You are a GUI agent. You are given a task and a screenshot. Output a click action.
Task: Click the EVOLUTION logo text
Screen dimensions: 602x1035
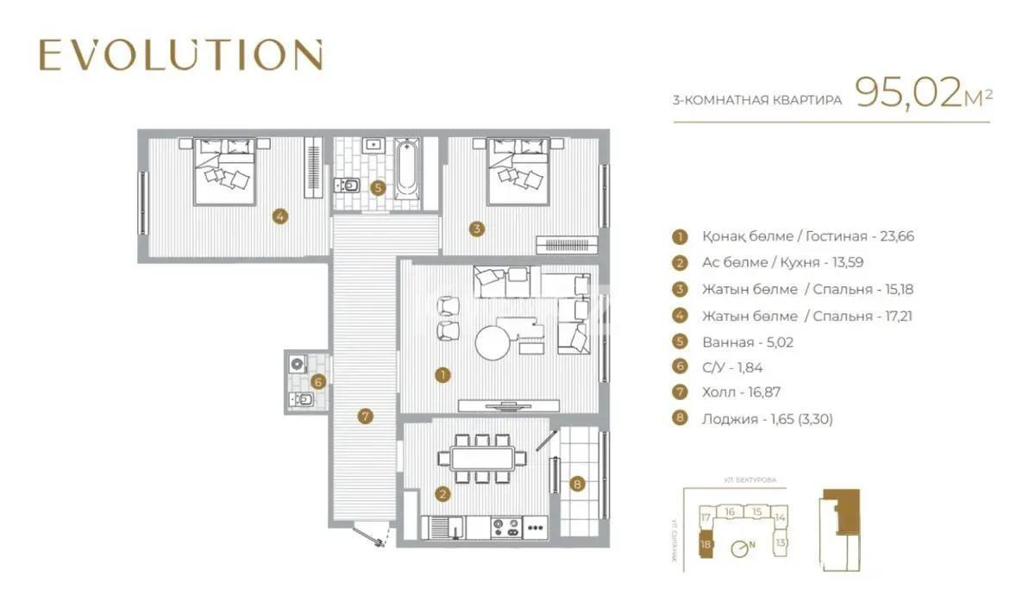(x=181, y=55)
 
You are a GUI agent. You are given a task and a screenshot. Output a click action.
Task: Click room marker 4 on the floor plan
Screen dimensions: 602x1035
(x=279, y=216)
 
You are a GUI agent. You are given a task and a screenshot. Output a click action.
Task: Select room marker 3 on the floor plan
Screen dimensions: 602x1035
(x=476, y=229)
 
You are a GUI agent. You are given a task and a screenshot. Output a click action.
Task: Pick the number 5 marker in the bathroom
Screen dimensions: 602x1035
(x=377, y=186)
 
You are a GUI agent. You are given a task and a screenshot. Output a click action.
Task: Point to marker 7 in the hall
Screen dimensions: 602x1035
(x=366, y=417)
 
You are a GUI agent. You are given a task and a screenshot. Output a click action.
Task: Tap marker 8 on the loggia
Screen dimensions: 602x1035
(x=578, y=485)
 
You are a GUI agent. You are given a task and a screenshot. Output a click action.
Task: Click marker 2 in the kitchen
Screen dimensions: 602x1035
(x=442, y=494)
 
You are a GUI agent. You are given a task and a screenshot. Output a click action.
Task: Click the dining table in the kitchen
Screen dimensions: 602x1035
(x=484, y=457)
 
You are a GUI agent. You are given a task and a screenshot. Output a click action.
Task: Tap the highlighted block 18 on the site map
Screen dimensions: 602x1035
(x=706, y=544)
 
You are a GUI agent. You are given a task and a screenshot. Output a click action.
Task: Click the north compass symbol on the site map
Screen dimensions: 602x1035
(x=741, y=547)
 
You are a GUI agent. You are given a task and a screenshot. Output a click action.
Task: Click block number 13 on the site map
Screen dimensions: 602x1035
(x=781, y=543)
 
